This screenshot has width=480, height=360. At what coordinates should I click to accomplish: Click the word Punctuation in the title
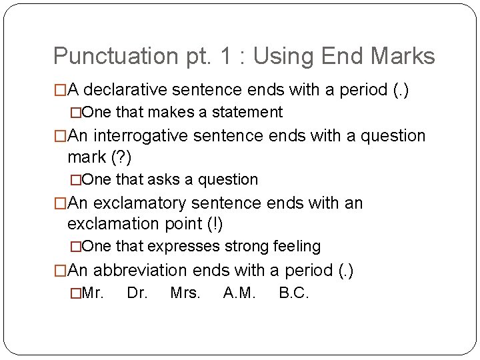coord(105,56)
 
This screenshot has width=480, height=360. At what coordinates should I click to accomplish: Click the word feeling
coord(297,246)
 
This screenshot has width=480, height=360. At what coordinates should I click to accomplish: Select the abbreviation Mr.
coord(92,293)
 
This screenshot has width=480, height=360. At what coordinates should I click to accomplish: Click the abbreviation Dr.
coord(137,293)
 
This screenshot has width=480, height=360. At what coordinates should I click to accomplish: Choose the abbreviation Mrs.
coord(185,293)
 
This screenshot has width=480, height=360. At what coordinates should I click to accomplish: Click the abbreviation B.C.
coord(294,293)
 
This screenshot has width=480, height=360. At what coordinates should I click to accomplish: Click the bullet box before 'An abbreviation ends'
coord(60,270)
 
